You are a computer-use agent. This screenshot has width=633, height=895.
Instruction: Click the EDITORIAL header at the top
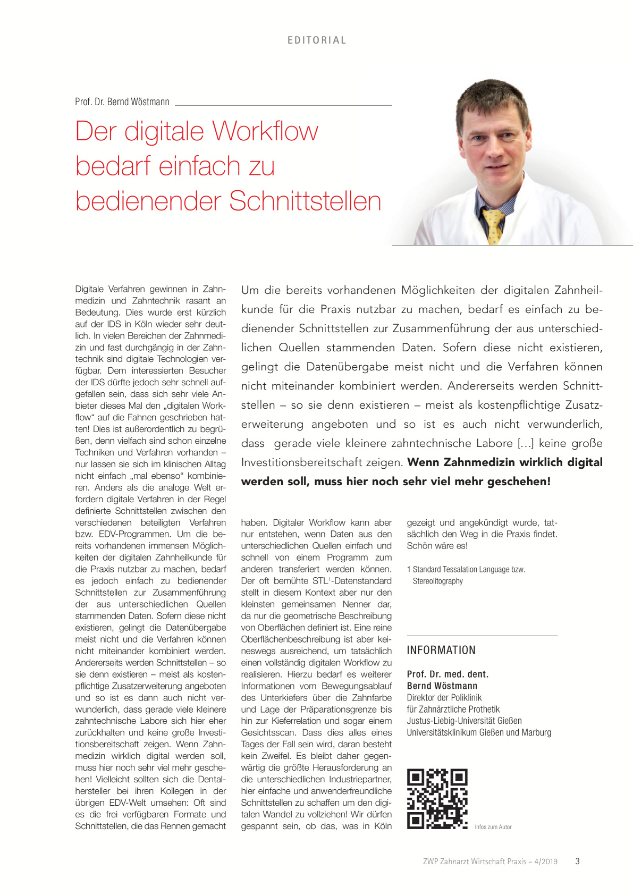point(317,40)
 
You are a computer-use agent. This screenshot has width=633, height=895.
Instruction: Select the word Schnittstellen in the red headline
point(305,201)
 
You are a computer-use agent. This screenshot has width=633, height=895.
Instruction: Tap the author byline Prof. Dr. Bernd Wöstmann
point(122,102)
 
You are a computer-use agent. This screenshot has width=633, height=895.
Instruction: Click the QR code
point(437,798)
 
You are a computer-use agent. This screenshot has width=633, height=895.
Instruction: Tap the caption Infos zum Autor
point(493,827)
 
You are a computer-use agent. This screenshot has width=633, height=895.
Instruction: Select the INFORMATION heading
point(441,650)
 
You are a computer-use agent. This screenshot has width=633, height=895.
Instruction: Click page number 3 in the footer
point(577,862)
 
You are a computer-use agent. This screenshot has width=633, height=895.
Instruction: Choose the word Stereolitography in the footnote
point(437,581)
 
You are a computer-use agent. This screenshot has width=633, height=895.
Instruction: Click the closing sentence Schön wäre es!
point(437,546)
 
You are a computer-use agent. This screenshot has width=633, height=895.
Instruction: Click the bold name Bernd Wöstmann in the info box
point(442,686)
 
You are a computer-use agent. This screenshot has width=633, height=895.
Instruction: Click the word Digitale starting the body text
point(89,289)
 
